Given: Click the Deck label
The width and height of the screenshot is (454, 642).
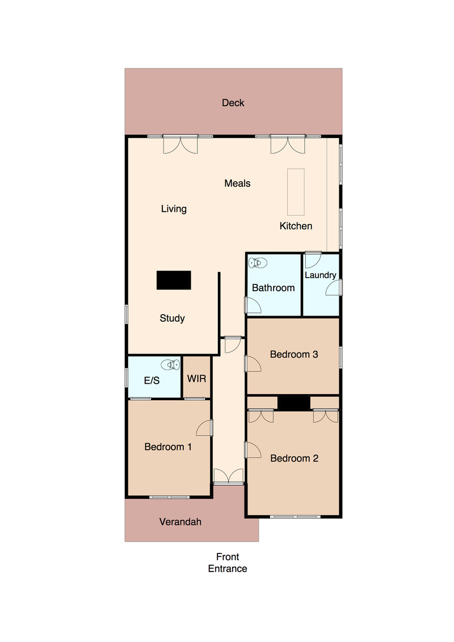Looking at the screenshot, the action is (x=233, y=103).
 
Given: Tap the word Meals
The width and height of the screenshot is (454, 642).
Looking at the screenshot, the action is (x=237, y=183).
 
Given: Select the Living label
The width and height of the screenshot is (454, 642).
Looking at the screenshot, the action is (x=174, y=209).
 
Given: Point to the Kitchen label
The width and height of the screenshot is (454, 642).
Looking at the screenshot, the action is (x=296, y=226).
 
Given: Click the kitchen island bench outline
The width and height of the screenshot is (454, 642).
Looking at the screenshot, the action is (x=296, y=192).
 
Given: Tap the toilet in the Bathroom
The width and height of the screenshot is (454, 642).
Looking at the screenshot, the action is (x=258, y=262).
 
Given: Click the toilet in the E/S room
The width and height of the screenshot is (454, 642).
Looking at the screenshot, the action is (x=170, y=364).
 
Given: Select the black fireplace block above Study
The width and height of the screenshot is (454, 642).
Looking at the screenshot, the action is (x=174, y=280).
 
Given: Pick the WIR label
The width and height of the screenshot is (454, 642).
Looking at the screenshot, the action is (x=196, y=379).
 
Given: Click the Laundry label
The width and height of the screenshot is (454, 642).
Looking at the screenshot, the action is (x=320, y=275).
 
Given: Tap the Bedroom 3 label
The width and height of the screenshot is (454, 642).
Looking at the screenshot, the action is (x=294, y=355).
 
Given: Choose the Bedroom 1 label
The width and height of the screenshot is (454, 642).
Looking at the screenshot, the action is (x=168, y=447).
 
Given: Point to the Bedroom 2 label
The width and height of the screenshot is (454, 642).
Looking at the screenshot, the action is (x=295, y=459).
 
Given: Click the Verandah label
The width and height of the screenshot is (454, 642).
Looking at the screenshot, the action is (x=180, y=522).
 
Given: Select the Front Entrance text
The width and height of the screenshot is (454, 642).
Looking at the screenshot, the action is (x=228, y=563).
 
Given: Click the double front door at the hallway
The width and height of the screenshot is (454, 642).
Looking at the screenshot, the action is (x=229, y=477).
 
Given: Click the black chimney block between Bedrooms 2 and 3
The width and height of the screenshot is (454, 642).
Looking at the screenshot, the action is (x=293, y=403).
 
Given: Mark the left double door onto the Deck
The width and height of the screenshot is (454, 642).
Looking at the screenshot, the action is (x=180, y=144).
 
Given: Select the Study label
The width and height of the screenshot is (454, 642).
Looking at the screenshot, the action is (x=172, y=318).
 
